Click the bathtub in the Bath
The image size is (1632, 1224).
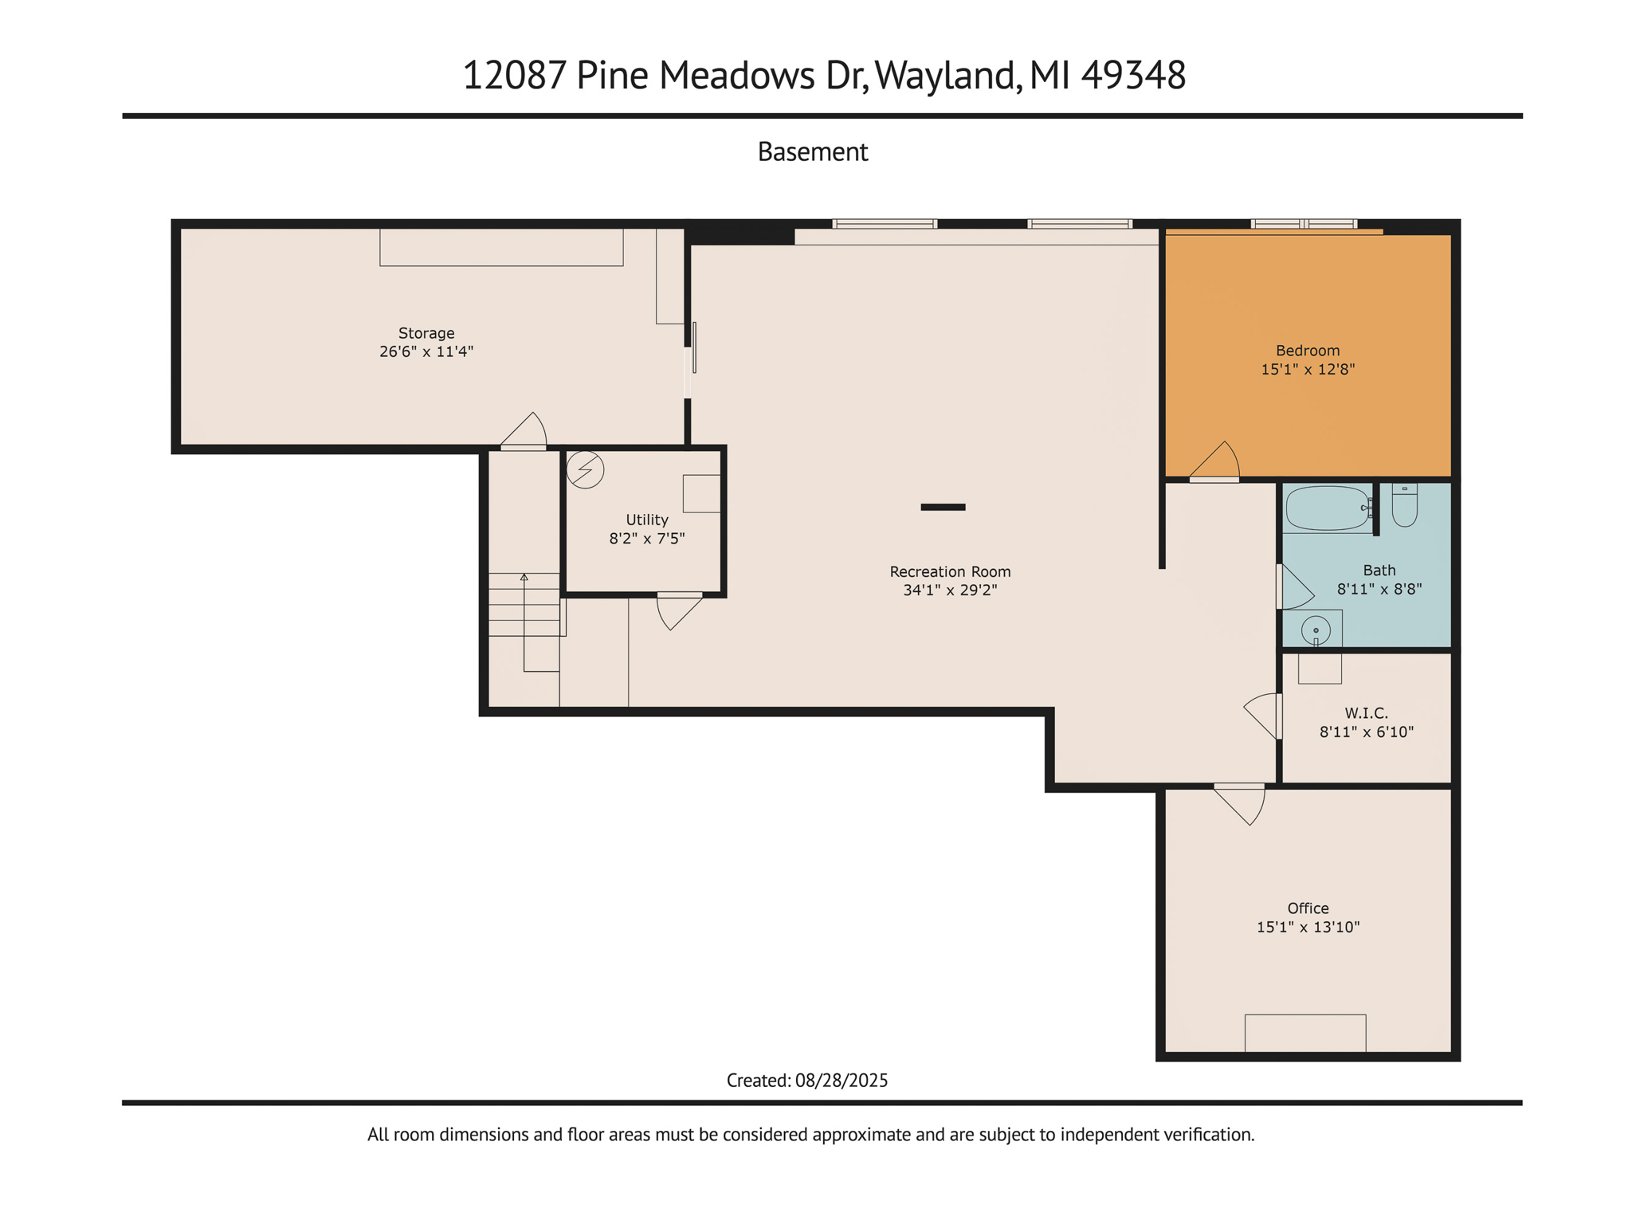coord(1327,508)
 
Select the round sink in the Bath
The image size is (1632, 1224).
coord(1316,630)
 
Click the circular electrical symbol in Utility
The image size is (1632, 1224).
coord(585,469)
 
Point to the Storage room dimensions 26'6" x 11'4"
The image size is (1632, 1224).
coord(426,351)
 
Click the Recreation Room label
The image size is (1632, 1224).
coord(950,571)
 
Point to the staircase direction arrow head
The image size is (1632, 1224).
coord(524,576)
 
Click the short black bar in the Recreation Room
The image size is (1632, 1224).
coord(943,507)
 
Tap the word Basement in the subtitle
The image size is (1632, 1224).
coord(812,151)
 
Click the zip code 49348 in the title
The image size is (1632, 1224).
coord(1133,76)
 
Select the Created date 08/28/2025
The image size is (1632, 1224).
coord(841,1081)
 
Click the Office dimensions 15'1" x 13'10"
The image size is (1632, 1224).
coord(1308,927)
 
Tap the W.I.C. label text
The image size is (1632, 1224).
coord(1366,712)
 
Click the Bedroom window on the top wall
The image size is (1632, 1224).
coord(1303,224)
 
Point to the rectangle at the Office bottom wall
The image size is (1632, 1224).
coord(1304,1033)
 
